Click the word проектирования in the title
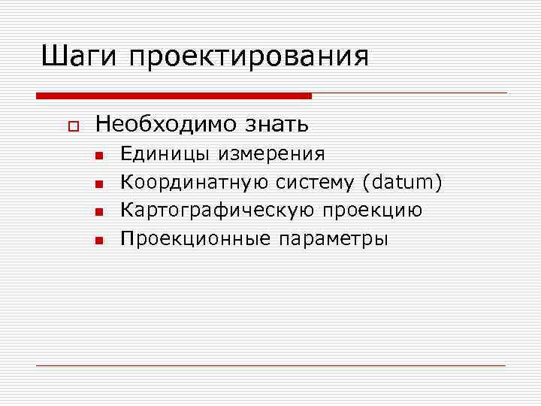pos(249,59)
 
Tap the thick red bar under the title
pos(174,95)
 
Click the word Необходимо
pos(162,123)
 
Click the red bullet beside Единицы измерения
pos(98,156)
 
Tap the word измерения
pos(271,155)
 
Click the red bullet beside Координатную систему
pos(98,184)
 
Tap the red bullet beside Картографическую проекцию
pos(98,213)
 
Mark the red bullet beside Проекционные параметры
pos(98,241)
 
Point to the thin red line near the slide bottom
pos(270,365)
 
